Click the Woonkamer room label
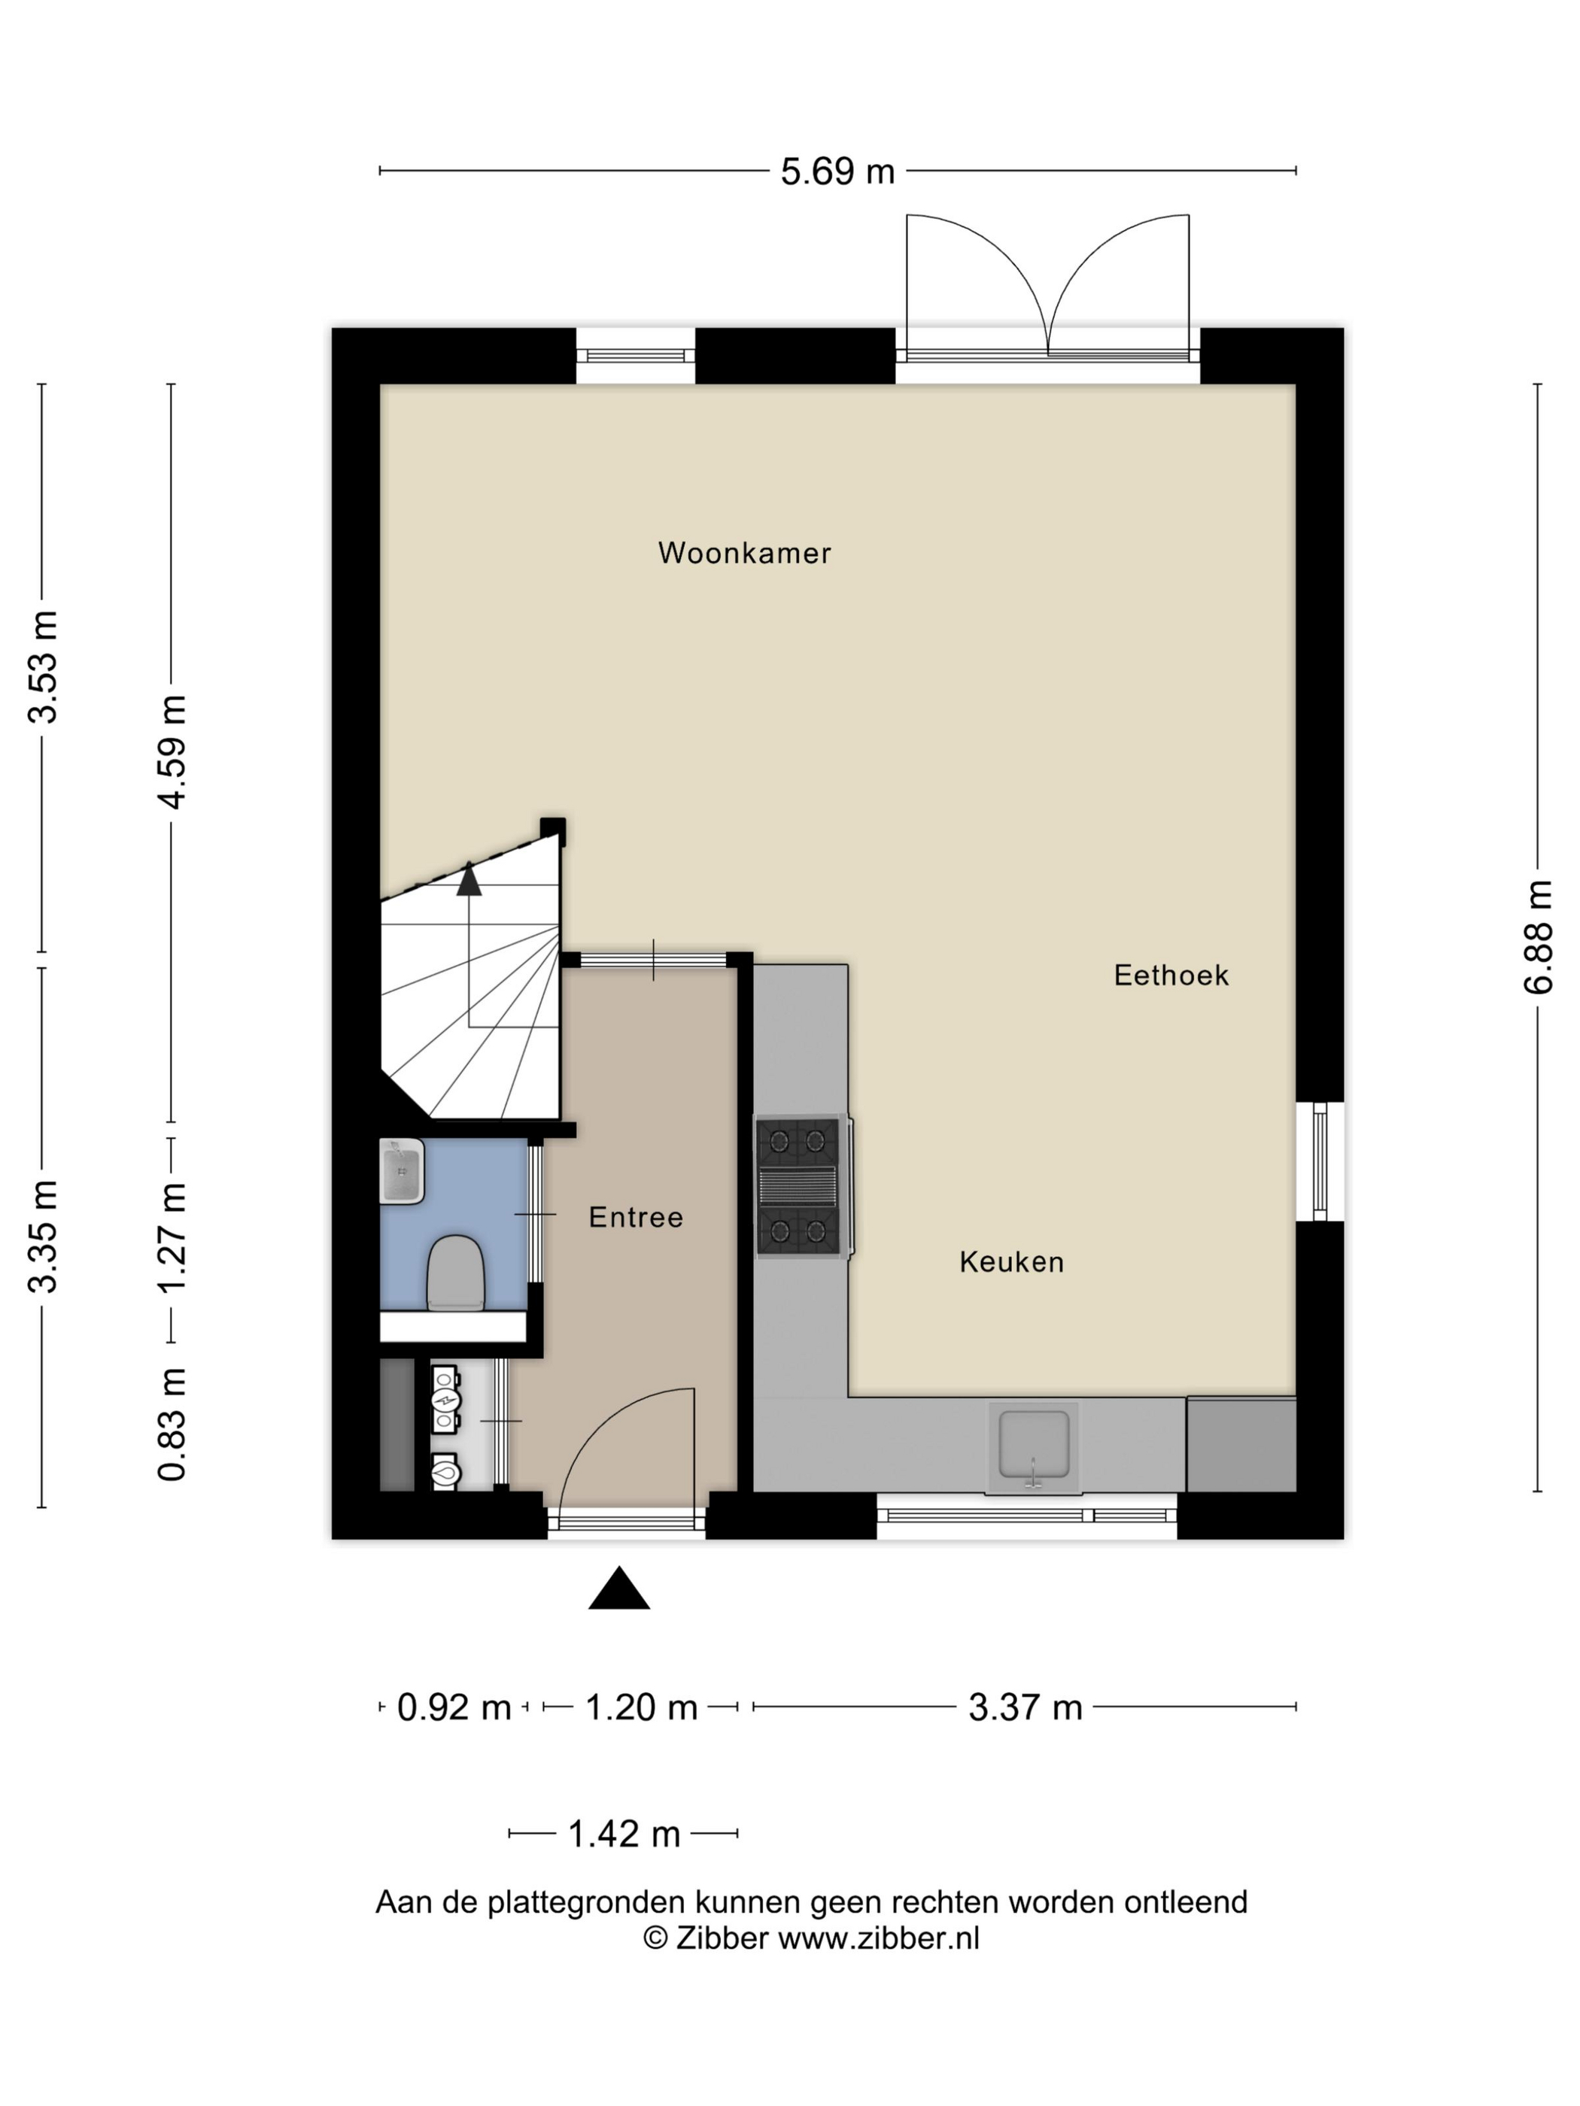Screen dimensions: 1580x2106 (x=744, y=553)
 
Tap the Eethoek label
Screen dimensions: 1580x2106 (x=1171, y=975)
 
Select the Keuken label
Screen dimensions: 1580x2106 (x=1011, y=1261)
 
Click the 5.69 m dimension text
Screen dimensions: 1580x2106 (x=838, y=171)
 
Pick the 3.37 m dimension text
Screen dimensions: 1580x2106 (x=1025, y=1707)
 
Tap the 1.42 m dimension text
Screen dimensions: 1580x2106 (x=624, y=1834)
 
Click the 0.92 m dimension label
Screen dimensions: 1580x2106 (x=454, y=1707)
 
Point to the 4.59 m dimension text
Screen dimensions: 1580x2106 (x=172, y=752)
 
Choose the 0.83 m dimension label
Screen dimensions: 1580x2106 (x=172, y=1425)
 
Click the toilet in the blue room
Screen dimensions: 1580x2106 (x=456, y=1273)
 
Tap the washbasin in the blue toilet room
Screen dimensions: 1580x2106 (x=402, y=1171)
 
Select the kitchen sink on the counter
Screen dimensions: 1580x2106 (x=1033, y=1446)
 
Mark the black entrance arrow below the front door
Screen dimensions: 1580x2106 (x=619, y=1587)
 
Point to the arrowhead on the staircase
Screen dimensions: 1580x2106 (x=469, y=879)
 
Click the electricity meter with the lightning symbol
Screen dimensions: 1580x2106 (x=445, y=1400)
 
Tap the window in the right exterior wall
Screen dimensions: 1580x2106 (x=1320, y=1161)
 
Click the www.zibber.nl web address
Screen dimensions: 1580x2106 (x=879, y=1938)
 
